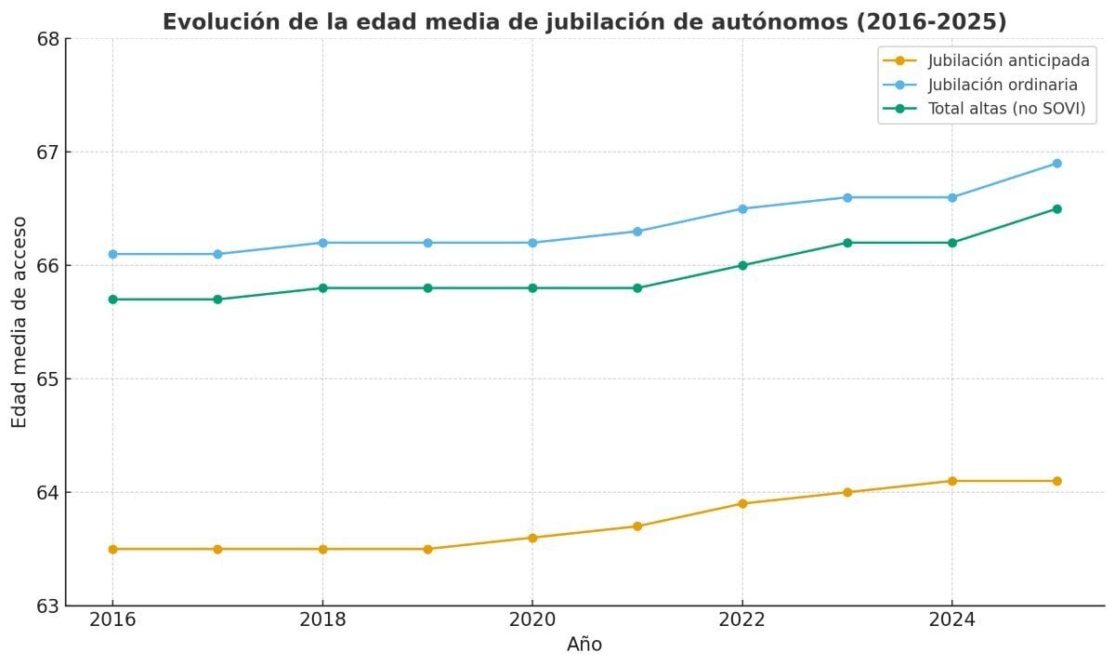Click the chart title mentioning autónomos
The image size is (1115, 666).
point(584,22)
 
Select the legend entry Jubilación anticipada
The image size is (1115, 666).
point(1008,60)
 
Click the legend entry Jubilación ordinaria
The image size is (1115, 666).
point(1003,85)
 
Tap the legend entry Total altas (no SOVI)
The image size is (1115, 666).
point(1006,109)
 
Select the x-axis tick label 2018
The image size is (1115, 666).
point(322,620)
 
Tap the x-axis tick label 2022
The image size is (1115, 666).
point(741,620)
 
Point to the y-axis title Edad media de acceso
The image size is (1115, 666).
point(20,322)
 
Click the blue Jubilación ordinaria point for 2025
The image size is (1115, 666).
point(1056,164)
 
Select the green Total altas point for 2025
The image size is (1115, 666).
point(1056,208)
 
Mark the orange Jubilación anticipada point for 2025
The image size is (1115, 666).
point(1056,481)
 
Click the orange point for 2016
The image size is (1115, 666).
point(112,549)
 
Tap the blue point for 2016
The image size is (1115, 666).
point(112,254)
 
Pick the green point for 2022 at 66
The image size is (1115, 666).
point(742,265)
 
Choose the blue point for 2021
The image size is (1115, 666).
point(637,232)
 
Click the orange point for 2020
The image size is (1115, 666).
point(532,538)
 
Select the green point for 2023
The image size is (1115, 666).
point(847,243)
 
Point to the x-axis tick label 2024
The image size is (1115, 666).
point(951,620)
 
